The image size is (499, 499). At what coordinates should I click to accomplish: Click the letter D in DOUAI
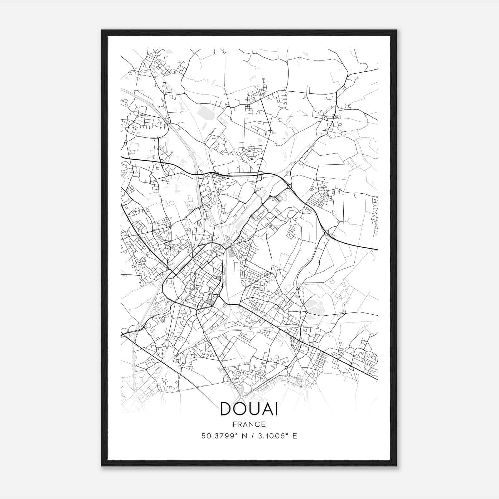(227, 409)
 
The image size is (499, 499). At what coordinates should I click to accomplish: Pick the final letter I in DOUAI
(277, 409)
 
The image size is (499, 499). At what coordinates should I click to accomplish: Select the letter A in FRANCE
(247, 424)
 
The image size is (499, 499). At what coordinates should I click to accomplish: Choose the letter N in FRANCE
(253, 424)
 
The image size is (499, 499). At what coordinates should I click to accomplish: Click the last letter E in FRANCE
(264, 424)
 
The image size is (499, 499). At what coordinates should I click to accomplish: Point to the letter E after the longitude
(295, 436)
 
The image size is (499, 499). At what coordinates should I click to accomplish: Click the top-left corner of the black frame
(102, 30)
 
